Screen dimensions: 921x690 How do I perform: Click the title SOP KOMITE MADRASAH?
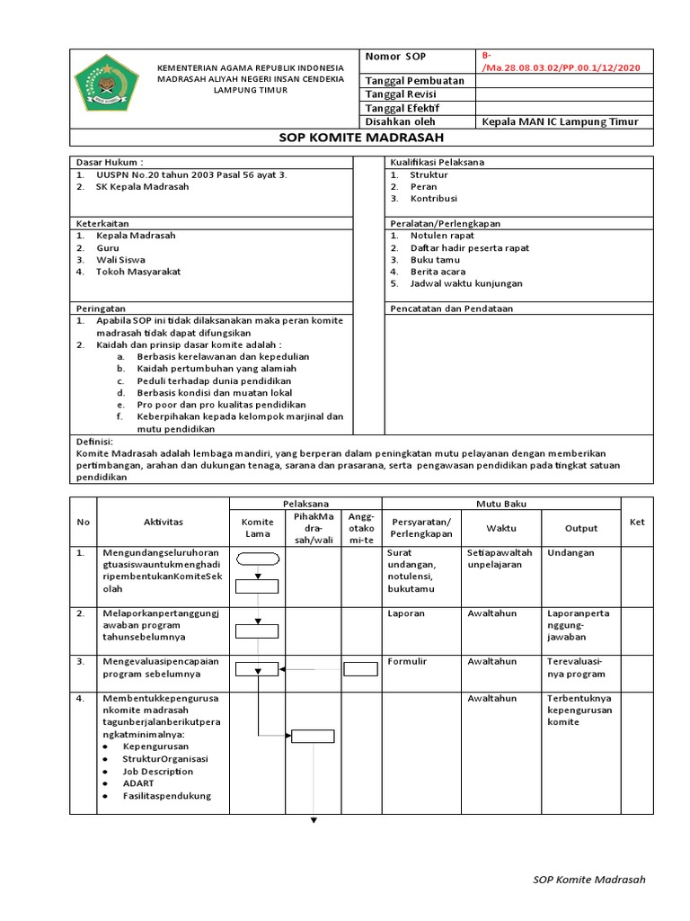click(362, 138)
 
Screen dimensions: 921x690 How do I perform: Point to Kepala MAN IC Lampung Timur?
click(560, 121)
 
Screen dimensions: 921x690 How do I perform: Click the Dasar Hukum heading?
click(110, 162)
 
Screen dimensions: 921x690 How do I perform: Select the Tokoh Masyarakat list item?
click(140, 272)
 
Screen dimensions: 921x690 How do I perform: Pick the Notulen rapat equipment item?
click(442, 236)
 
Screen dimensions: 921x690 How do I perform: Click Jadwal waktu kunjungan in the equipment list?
click(465, 283)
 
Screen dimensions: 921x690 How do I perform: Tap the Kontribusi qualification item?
click(434, 198)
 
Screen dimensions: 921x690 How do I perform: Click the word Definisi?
click(93, 442)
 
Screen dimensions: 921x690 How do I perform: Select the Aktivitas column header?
click(163, 523)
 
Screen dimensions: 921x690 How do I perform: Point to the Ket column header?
click(637, 523)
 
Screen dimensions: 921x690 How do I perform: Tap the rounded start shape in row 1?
click(258, 559)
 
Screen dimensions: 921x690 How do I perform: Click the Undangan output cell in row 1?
click(571, 553)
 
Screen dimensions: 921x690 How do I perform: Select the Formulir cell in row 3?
click(408, 661)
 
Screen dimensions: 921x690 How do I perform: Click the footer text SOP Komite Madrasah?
click(589, 880)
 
